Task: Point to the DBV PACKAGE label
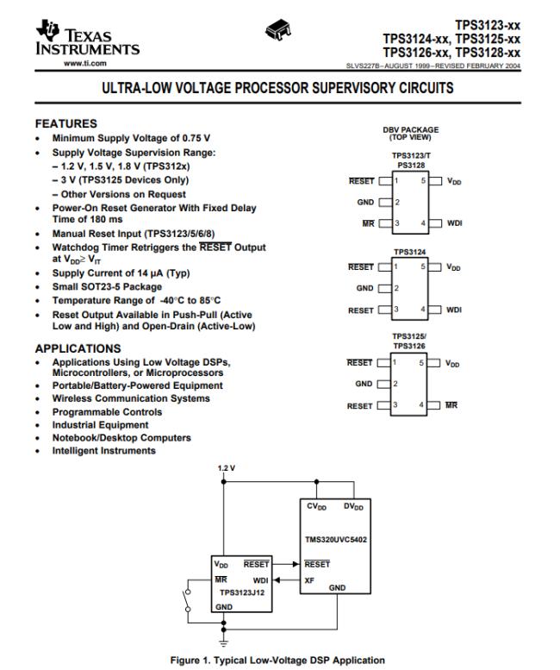[x=410, y=130]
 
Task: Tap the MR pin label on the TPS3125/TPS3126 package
[x=453, y=406]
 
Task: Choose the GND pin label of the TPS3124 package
[x=364, y=288]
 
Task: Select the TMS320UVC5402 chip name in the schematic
[x=335, y=541]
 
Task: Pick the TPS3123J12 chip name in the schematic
[x=241, y=592]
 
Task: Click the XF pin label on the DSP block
[x=309, y=579]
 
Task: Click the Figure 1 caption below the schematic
[x=279, y=660]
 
